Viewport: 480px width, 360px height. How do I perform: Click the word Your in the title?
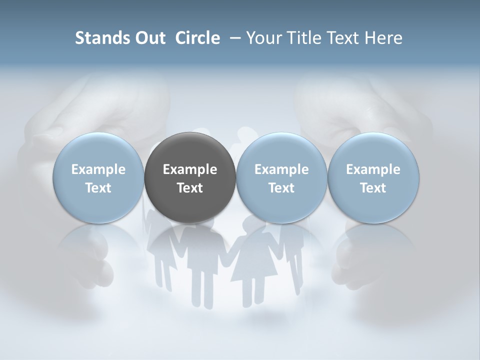[x=262, y=38]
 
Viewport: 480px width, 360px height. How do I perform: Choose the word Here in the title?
[x=384, y=38]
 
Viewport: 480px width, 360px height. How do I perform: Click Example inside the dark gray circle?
[x=190, y=169]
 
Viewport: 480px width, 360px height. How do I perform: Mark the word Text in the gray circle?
[x=190, y=188]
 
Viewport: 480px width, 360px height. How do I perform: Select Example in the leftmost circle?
[x=98, y=169]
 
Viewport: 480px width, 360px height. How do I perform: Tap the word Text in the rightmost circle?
[x=373, y=188]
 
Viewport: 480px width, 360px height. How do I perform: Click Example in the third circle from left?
[x=281, y=169]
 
